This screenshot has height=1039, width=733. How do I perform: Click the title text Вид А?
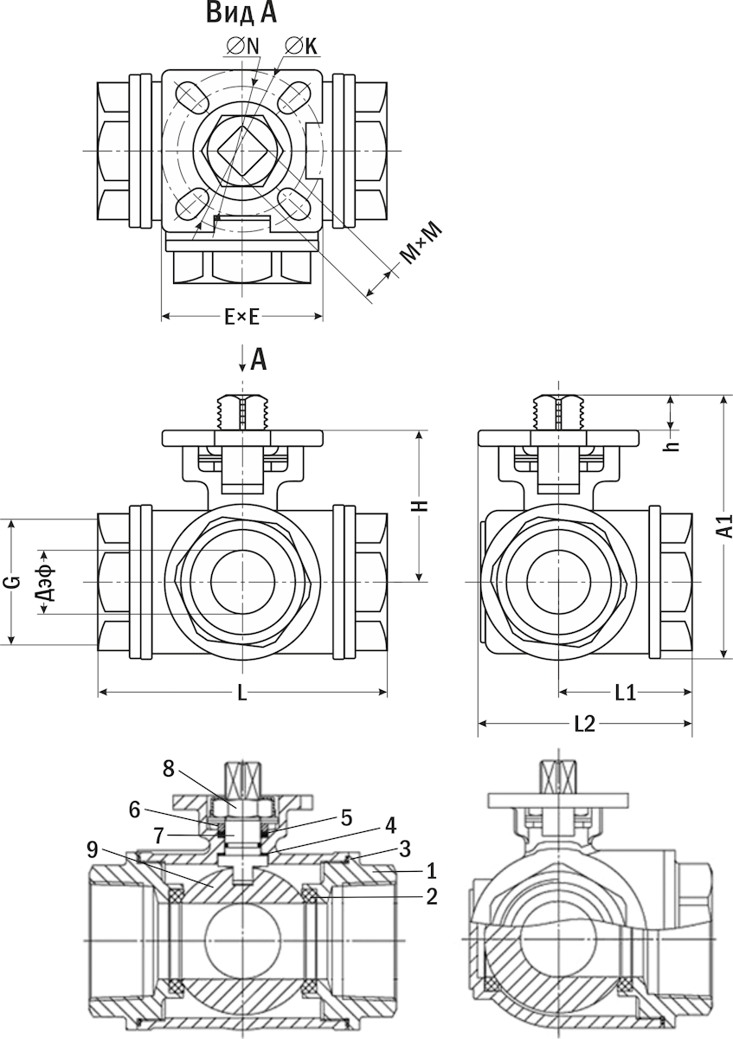point(241,13)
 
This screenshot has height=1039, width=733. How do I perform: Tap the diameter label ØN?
point(243,47)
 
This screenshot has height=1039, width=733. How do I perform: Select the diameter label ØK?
point(302,47)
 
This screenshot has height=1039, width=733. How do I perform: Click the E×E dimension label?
point(241,318)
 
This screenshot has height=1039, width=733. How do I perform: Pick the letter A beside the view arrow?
point(259,361)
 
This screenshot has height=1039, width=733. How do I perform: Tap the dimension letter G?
point(15,582)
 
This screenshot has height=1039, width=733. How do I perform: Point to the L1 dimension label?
point(625,693)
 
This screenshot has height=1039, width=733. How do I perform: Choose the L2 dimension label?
point(585,724)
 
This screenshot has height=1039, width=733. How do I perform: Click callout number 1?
point(432,871)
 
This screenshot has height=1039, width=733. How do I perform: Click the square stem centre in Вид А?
point(241,151)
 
